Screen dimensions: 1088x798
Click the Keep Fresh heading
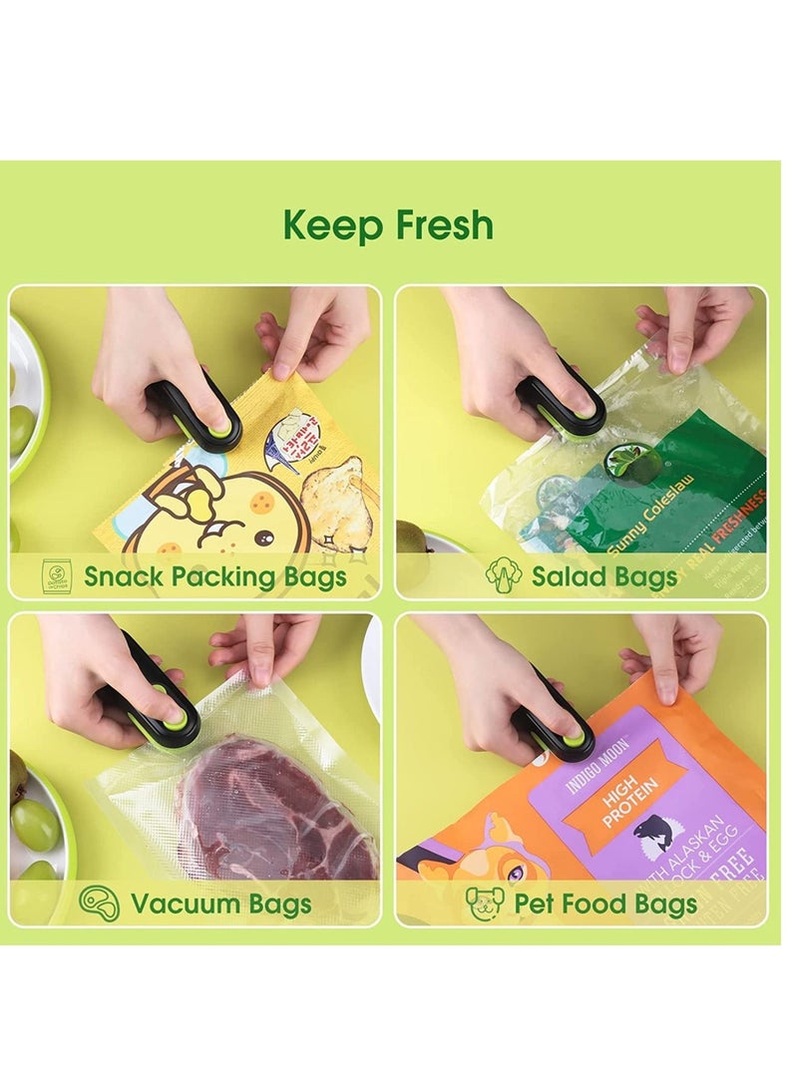[388, 225]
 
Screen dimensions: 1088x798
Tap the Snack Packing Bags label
[214, 576]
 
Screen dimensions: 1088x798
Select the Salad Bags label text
[604, 576]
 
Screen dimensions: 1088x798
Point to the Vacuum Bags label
[220, 905]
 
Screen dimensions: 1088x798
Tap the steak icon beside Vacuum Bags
[100, 904]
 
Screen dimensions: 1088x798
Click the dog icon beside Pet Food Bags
[485, 904]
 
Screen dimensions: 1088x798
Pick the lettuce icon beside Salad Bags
[504, 575]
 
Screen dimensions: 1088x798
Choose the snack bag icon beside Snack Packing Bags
[57, 575]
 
